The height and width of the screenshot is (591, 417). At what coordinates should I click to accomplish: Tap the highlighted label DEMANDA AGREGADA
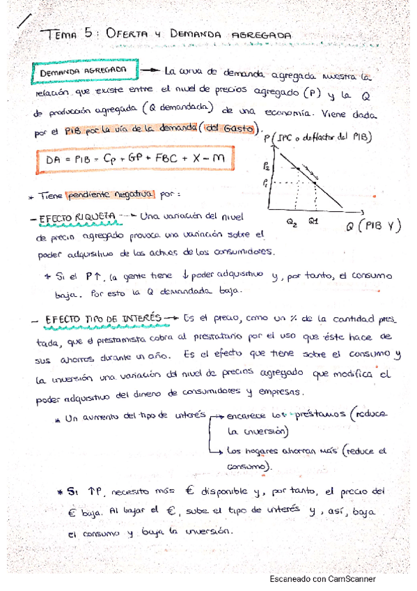click(84, 72)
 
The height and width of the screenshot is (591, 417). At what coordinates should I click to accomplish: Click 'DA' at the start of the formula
click(54, 159)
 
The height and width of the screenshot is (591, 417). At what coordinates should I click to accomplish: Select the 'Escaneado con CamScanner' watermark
click(322, 578)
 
